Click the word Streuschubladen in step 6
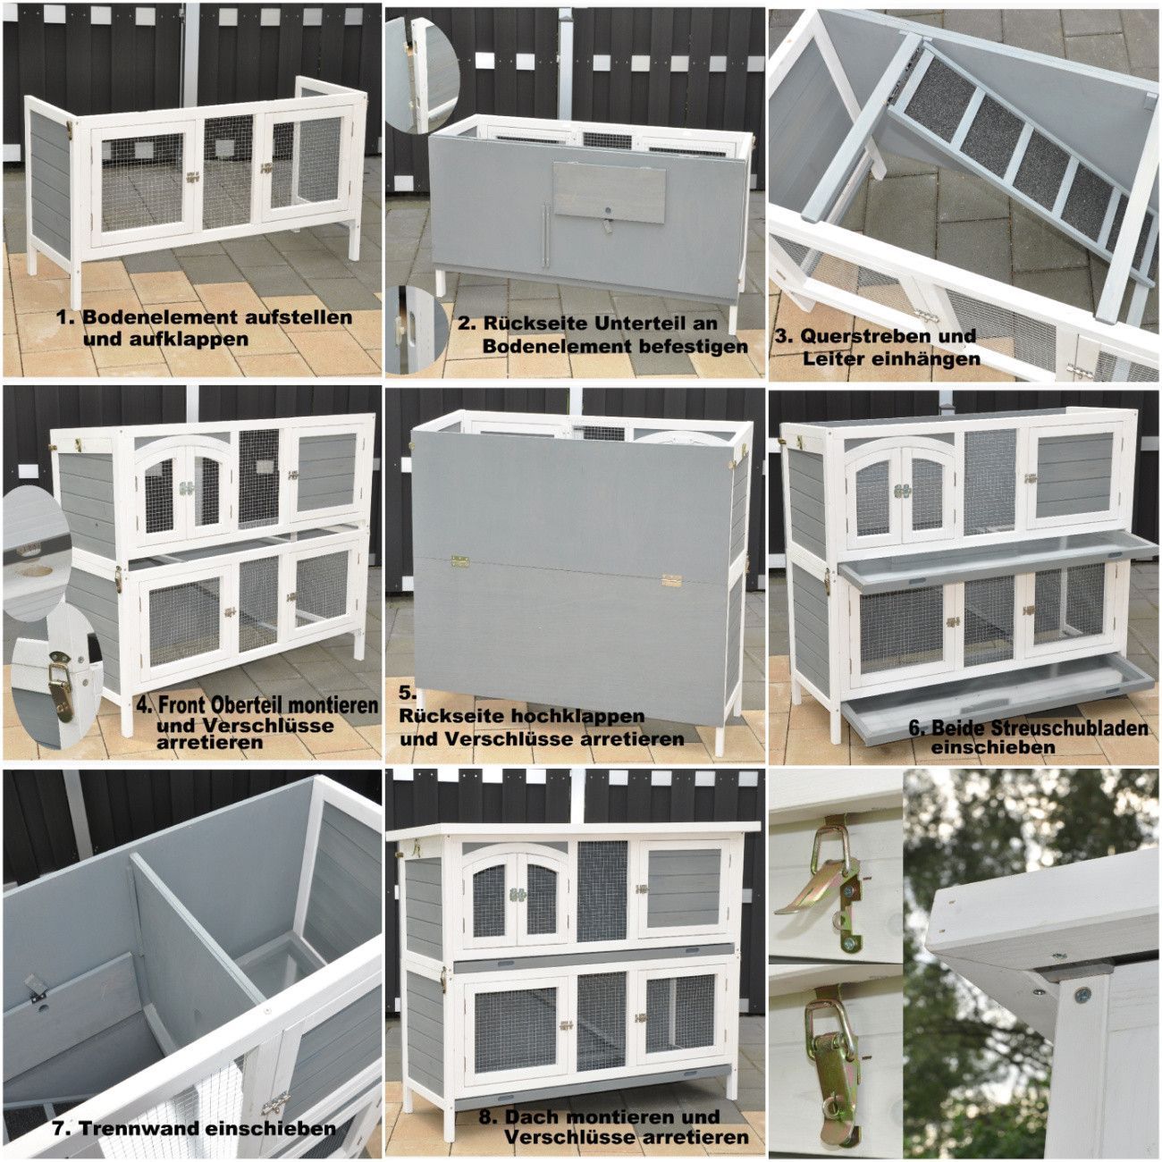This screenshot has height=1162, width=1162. (1040, 728)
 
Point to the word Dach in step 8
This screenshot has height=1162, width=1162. (535, 1099)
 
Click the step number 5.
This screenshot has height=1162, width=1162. (408, 694)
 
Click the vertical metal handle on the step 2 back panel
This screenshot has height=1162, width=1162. (546, 236)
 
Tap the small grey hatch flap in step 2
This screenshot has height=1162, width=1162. (609, 192)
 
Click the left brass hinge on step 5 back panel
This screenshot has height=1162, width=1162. (460, 562)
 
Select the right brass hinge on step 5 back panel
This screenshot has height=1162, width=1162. (671, 580)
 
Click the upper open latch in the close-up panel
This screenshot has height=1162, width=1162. (828, 875)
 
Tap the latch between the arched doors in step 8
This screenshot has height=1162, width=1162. (516, 895)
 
